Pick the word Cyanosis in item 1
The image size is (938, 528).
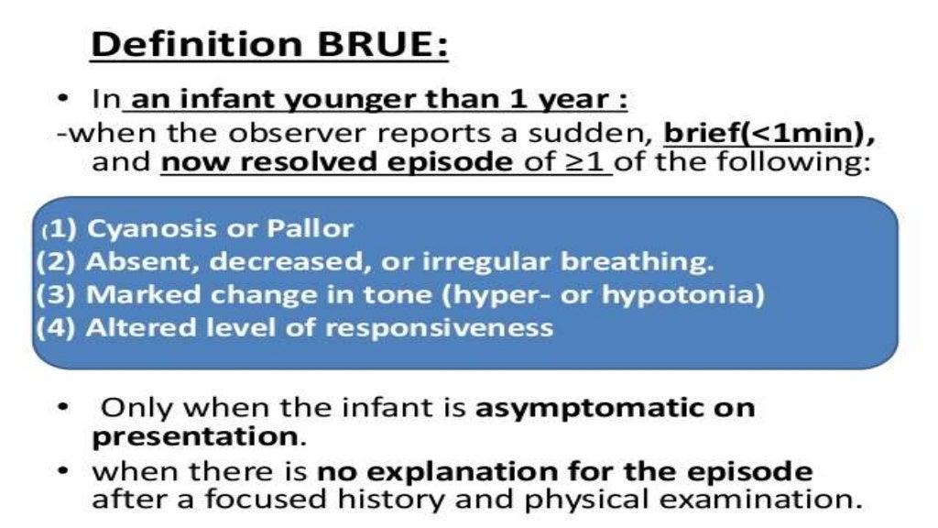[133, 227]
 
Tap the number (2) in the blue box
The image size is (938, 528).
[58, 261]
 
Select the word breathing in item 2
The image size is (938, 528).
[638, 261]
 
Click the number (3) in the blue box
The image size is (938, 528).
[58, 295]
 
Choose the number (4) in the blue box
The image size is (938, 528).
[58, 327]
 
